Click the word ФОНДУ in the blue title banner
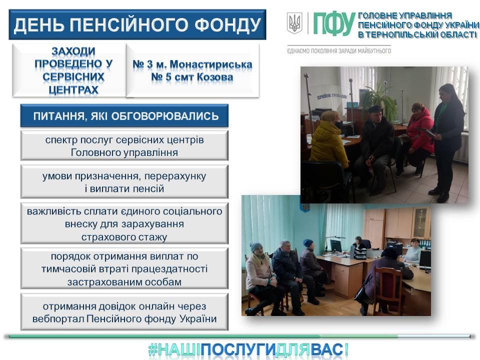pyautogui.click(x=228, y=25)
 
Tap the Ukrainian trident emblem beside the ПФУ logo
pyautogui.click(x=294, y=23)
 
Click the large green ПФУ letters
pyautogui.click(x=333, y=23)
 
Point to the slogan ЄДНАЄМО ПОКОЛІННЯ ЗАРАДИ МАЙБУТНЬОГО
pyautogui.click(x=339, y=51)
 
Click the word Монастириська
pyautogui.click(x=211, y=64)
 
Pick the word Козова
pyautogui.click(x=215, y=77)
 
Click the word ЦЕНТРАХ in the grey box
pyautogui.click(x=73, y=89)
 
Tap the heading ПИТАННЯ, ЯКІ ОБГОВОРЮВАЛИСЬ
pyautogui.click(x=126, y=116)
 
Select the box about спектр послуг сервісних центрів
pyautogui.click(x=124, y=145)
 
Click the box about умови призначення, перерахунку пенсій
pyautogui.click(x=124, y=182)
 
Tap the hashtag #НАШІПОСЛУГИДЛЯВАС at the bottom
pyautogui.click(x=248, y=350)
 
